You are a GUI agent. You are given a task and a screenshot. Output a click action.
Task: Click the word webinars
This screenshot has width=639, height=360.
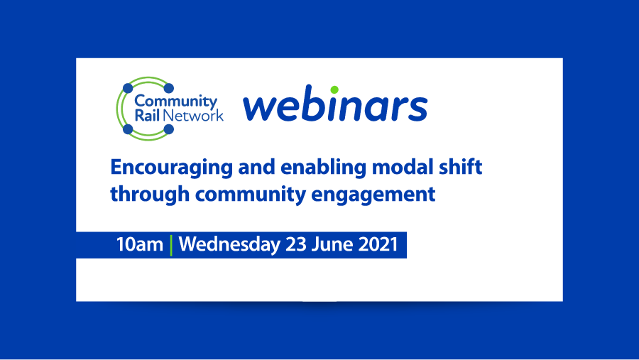[335, 107]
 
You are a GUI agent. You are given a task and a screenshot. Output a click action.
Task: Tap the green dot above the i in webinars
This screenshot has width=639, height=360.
[334, 89]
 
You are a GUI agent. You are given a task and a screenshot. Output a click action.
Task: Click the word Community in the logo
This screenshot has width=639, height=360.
[175, 102]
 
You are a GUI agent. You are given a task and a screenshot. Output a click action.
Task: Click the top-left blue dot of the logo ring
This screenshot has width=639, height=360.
[128, 88]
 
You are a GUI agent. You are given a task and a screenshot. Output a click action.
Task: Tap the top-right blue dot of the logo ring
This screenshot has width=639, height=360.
[169, 88]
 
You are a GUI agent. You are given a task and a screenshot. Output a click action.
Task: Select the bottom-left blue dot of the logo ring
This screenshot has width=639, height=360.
[128, 129]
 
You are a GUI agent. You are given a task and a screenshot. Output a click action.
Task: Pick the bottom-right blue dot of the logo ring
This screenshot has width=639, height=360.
[169, 129]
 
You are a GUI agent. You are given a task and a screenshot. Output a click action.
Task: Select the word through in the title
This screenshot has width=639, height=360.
[144, 194]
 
